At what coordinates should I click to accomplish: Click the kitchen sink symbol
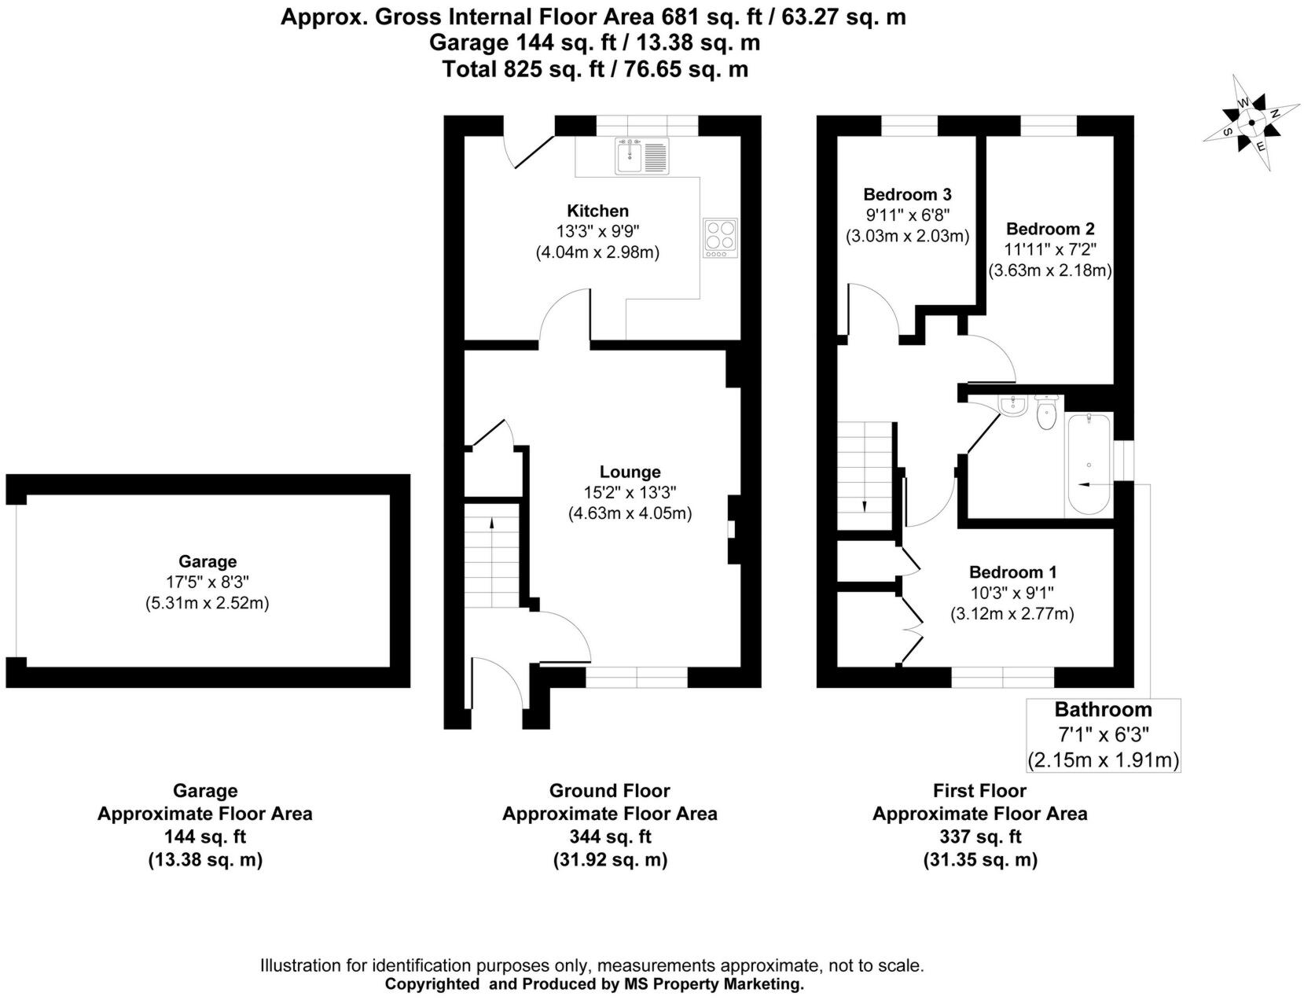[x=641, y=156]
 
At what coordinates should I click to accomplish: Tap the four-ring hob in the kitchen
[x=721, y=237]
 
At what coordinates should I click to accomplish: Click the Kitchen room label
[x=597, y=211]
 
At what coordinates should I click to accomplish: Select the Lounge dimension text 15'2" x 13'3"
[x=630, y=492]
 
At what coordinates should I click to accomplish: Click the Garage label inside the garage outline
[x=208, y=561]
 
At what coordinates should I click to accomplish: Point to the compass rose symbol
[x=1251, y=123]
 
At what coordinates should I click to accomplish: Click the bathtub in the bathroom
[x=1088, y=464]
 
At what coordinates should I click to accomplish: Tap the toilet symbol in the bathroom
[x=1045, y=414]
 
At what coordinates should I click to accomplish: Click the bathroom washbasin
[x=1012, y=406]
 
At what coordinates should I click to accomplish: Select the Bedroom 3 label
[x=907, y=194]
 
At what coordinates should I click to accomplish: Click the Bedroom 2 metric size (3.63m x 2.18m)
[x=1049, y=270]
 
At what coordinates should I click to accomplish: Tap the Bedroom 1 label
[x=1012, y=572]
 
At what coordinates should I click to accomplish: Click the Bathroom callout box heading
[x=1103, y=710]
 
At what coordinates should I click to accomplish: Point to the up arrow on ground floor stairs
[x=492, y=522]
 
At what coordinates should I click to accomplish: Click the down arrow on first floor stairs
[x=864, y=506]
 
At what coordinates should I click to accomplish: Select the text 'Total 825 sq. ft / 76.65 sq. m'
[x=594, y=69]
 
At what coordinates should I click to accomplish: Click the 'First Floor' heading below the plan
[x=979, y=790]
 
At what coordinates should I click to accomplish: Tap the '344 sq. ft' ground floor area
[x=609, y=836]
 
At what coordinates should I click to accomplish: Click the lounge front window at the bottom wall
[x=637, y=677]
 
